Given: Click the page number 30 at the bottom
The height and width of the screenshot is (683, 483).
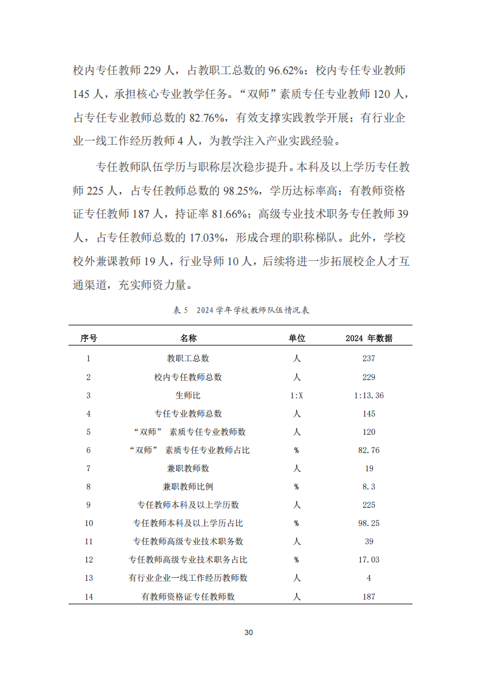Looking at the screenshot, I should [x=248, y=633].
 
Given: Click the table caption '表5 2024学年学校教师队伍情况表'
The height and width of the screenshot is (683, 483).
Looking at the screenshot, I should [x=241, y=310].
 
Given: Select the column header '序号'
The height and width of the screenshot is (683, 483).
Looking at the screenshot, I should [x=89, y=338].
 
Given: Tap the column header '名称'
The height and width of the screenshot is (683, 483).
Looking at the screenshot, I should [x=188, y=338].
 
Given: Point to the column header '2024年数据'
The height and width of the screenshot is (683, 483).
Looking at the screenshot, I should [x=369, y=338].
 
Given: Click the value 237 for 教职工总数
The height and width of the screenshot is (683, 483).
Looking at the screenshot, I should [x=369, y=359].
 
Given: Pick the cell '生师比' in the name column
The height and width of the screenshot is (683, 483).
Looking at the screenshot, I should [x=188, y=395].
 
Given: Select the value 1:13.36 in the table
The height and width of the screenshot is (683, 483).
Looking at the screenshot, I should [x=369, y=395].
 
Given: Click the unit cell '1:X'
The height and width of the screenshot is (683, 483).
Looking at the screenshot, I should [x=297, y=395].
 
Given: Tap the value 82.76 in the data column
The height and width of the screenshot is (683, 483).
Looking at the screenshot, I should [x=369, y=450].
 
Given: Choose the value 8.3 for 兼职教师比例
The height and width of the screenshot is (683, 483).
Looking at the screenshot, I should [x=369, y=487].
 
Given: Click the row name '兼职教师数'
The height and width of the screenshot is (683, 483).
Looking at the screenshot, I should [x=188, y=468].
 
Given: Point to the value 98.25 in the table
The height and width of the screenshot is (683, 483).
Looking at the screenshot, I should [x=369, y=523].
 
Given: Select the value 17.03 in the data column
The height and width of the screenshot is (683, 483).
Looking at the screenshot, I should [x=369, y=560].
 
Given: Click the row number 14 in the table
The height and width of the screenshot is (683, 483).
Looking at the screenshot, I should [x=89, y=597].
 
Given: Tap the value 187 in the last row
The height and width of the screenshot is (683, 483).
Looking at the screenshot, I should [x=369, y=597].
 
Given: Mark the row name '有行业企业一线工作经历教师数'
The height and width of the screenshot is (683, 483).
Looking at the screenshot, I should [x=188, y=578].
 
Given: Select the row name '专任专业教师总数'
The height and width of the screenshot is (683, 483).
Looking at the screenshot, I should [x=188, y=414].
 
